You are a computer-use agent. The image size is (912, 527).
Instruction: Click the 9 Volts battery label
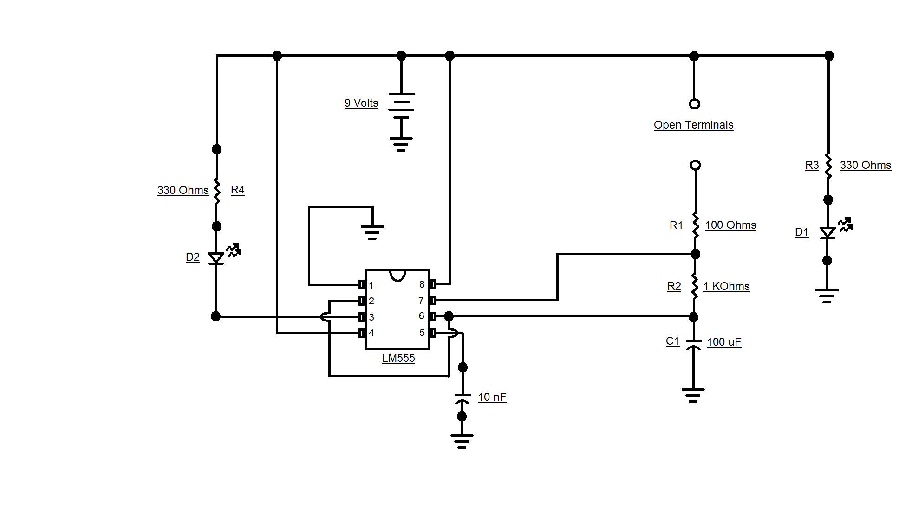[361, 103]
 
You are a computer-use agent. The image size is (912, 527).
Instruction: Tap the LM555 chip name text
[398, 358]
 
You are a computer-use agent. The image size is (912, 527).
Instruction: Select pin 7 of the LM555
[432, 300]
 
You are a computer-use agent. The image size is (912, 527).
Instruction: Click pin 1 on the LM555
[362, 285]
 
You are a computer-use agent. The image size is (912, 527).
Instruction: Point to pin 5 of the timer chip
[432, 333]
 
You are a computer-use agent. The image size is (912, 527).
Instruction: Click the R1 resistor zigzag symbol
[695, 225]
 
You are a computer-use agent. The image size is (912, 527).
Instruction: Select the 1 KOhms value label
[726, 286]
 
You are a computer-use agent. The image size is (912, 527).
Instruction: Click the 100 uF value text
[724, 342]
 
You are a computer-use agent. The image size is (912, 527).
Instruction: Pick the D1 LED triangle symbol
[827, 232]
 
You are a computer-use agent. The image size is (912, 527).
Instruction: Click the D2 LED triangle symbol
[216, 258]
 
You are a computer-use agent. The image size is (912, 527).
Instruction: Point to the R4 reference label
[237, 190]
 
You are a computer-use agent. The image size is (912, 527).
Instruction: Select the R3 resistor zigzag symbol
[828, 166]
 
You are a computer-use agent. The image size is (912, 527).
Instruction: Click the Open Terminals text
[693, 125]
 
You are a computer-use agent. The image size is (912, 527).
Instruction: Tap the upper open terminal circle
[694, 104]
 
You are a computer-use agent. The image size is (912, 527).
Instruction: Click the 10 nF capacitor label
[492, 397]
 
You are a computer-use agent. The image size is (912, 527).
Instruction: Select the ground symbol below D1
[827, 296]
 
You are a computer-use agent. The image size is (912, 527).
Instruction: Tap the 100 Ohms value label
[730, 225]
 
